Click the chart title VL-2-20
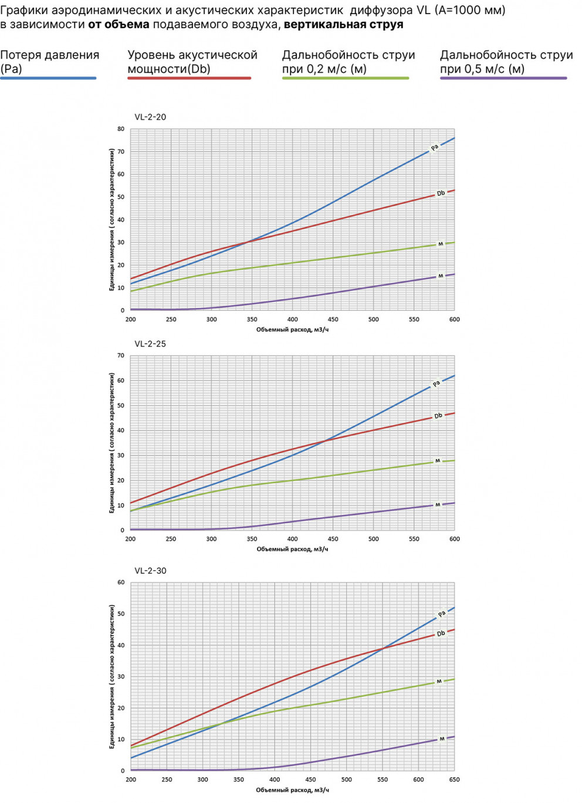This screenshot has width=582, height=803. tap(150, 117)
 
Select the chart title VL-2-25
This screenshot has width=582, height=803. tap(150, 344)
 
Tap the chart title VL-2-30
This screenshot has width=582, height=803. tap(150, 571)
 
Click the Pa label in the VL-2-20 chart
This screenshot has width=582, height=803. tap(435, 147)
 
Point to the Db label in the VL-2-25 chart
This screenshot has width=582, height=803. tap(438, 416)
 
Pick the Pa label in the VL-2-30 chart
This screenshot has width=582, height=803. tap(442, 614)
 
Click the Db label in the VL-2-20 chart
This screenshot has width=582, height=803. tap(441, 194)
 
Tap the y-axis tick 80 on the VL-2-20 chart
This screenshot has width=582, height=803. tap(121, 129)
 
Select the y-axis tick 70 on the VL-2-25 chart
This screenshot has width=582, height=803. tap(121, 355)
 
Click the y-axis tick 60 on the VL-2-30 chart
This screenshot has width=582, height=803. tap(121, 582)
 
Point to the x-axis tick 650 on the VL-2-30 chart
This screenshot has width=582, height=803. tap(454, 780)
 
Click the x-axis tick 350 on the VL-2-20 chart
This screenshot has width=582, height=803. tap(252, 320)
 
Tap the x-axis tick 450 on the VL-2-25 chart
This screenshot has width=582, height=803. tap(333, 539)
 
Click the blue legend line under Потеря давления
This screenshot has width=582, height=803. tap(48, 78)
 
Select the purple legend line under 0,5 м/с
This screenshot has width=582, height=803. tap(503, 78)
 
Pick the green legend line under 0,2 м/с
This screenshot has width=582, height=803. tap(346, 78)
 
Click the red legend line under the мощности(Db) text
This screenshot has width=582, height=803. tap(189, 78)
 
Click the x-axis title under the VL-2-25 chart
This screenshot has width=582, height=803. tap(292, 549)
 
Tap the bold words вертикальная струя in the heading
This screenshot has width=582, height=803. tap(343, 25)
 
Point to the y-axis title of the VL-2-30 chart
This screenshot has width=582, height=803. tap(111, 676)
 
